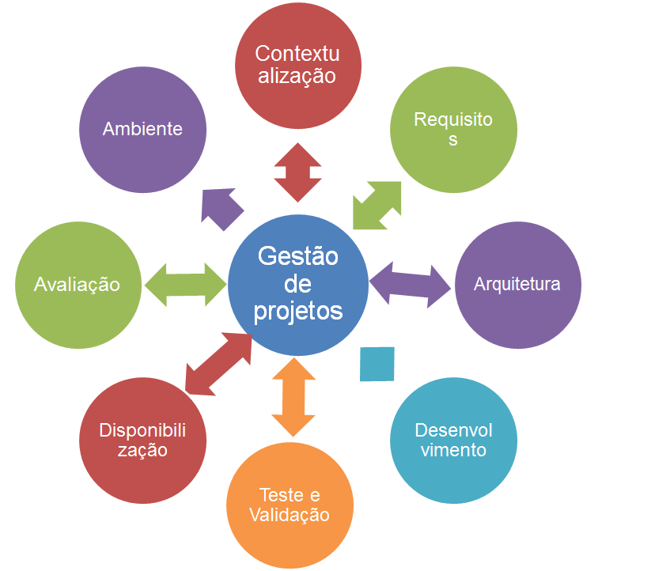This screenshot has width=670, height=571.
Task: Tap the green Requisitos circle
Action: click(x=453, y=129)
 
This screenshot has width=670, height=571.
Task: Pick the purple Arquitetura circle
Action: click(x=517, y=284)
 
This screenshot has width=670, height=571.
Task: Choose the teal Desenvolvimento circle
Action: click(x=453, y=441)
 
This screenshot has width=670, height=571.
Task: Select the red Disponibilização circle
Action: click(x=144, y=441)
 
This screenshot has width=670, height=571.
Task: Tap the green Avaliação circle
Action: click(x=78, y=284)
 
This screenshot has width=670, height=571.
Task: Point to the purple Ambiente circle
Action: click(x=143, y=129)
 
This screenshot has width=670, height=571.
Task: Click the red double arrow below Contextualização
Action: click(x=298, y=172)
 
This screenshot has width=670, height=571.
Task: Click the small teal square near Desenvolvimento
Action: click(x=377, y=364)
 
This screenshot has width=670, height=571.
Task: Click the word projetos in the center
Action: click(x=298, y=311)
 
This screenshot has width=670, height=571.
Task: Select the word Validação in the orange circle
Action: click(x=289, y=516)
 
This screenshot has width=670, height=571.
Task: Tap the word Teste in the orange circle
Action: click(x=281, y=495)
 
